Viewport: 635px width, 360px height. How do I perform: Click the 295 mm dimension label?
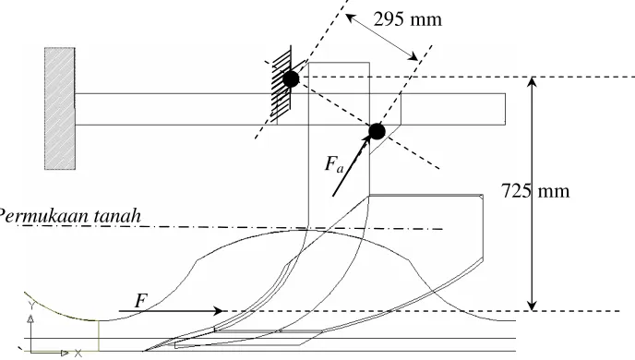click(x=407, y=19)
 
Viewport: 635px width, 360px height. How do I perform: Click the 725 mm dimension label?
click(x=535, y=191)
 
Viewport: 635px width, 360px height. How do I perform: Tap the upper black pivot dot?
click(x=291, y=79)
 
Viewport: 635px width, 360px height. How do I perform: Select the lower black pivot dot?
click(x=377, y=132)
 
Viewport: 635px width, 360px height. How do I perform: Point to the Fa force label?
click(x=334, y=164)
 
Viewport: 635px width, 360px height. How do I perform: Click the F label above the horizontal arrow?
click(x=140, y=301)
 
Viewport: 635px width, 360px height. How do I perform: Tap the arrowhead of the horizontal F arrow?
click(x=218, y=311)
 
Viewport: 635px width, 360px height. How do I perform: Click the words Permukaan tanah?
click(x=69, y=216)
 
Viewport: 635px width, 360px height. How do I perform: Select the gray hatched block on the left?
click(x=59, y=108)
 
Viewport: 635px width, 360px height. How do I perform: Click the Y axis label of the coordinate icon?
click(x=30, y=306)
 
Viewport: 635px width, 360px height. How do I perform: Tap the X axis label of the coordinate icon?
click(x=78, y=354)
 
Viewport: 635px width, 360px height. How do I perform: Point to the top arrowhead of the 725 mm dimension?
click(x=533, y=82)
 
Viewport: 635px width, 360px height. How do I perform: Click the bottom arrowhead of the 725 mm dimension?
click(x=533, y=306)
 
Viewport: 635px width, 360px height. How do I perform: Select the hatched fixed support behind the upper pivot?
click(x=282, y=84)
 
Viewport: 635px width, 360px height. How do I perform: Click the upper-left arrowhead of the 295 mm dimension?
click(x=350, y=18)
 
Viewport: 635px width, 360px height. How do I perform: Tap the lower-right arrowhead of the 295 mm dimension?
click(x=413, y=56)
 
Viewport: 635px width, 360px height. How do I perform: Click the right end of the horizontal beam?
click(x=505, y=109)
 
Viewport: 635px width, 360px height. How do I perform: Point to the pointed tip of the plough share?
click(x=144, y=351)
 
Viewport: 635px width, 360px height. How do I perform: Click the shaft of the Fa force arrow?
click(x=351, y=166)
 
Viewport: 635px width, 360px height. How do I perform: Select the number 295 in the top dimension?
click(x=389, y=19)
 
